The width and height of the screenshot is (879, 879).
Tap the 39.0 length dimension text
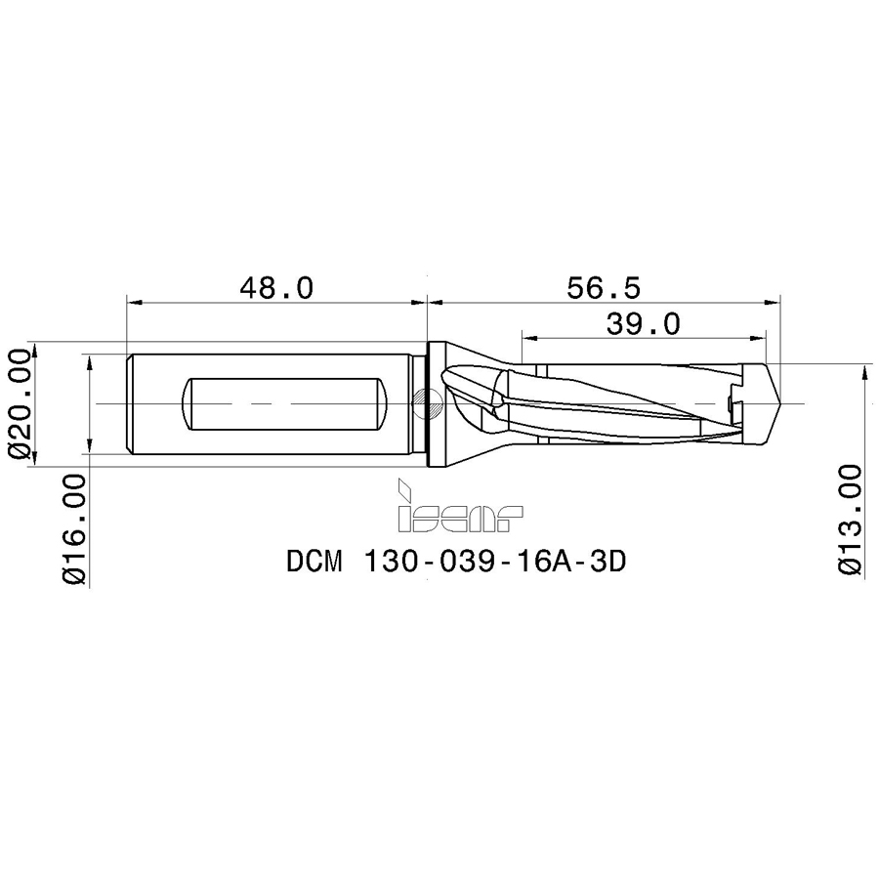coord(643,323)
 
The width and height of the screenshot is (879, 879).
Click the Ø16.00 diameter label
coord(74,528)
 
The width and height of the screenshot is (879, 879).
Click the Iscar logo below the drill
coord(458,508)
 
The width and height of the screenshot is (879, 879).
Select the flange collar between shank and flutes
coord(438,402)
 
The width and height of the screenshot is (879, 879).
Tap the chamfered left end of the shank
coord(132,403)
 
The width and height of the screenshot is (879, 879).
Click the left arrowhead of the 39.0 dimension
coord(528,339)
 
